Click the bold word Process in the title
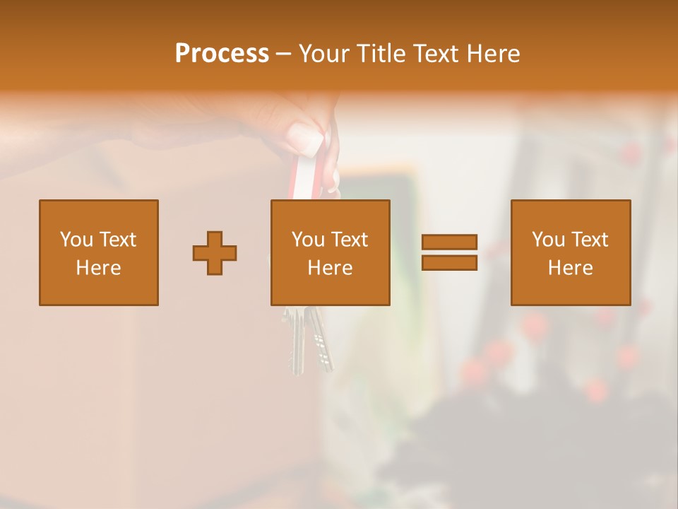[x=222, y=53]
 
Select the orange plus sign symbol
[x=215, y=253]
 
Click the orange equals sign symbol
[x=449, y=252]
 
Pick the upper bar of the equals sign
[x=449, y=242]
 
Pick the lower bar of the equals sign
[x=449, y=263]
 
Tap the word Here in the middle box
[x=330, y=268]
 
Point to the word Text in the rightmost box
[x=589, y=240]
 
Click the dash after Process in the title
[x=283, y=54]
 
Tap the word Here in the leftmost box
[x=98, y=268]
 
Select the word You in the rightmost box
[x=548, y=240]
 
